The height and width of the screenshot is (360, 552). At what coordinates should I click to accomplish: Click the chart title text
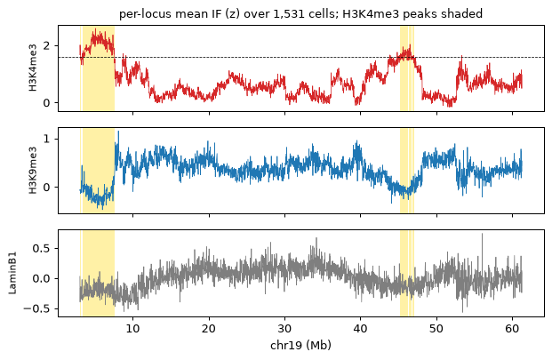pos(300,13)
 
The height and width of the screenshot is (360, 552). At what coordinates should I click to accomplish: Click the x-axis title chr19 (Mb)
pos(300,345)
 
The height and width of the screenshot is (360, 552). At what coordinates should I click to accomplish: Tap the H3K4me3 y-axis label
pos(33,68)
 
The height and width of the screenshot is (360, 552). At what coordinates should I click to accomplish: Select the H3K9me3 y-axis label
pos(33,170)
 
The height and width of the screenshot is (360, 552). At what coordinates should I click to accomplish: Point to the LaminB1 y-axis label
pos(12,273)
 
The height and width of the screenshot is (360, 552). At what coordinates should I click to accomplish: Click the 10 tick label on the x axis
pos(132,329)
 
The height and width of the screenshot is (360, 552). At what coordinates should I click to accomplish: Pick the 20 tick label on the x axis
pos(209,329)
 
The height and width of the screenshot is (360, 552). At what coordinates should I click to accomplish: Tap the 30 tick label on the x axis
pos(284,329)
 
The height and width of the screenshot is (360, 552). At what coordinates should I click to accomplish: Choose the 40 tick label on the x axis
pos(361,329)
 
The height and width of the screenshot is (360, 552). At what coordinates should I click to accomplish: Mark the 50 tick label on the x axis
pos(436,329)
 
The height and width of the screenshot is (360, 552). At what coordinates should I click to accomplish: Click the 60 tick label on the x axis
pos(512,329)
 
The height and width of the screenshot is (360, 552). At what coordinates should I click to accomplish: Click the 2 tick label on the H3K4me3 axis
pos(46,45)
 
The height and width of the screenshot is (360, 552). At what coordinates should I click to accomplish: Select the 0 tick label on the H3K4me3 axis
pos(46,103)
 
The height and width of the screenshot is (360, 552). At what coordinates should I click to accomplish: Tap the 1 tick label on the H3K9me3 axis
pos(46,139)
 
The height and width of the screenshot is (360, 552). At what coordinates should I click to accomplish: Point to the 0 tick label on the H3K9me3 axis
pos(46,188)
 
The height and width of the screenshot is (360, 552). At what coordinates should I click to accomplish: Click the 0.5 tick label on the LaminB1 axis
pos(41,249)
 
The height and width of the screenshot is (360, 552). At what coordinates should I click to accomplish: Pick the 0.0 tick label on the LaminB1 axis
pos(41,279)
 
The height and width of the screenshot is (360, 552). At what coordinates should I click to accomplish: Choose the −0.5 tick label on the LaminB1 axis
pos(37,309)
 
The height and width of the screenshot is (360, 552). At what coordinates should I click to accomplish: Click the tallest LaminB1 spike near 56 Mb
pos(482,234)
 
